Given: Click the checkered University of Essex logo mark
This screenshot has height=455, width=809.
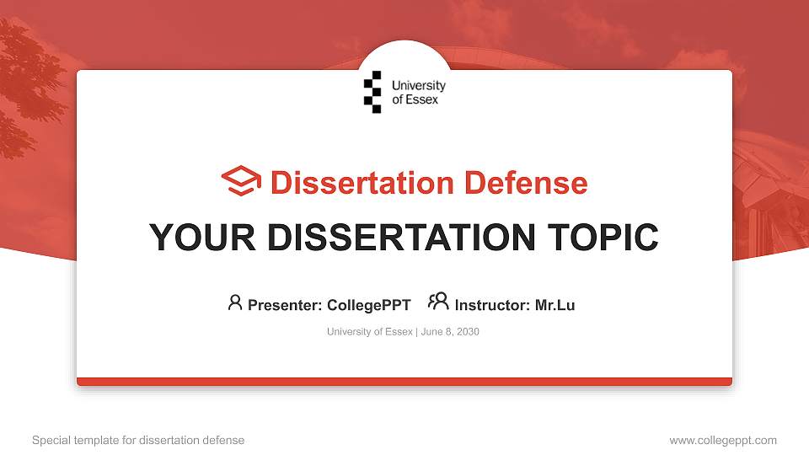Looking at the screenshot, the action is [x=372, y=92].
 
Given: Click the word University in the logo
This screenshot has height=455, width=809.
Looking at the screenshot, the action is [x=419, y=86].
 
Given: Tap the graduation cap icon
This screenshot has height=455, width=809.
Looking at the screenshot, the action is [x=241, y=180].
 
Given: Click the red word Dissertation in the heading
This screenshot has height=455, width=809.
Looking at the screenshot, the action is [x=362, y=183].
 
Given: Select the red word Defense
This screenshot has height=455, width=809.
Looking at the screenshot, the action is [x=526, y=183].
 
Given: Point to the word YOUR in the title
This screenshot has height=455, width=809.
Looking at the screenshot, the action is [x=202, y=238].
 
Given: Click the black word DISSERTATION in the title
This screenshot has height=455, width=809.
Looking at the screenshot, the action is [x=401, y=238].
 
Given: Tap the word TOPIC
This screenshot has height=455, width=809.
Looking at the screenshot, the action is [x=603, y=238].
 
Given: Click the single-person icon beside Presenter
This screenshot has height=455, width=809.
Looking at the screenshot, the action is [x=235, y=302].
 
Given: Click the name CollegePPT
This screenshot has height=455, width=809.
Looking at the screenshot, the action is [x=369, y=305].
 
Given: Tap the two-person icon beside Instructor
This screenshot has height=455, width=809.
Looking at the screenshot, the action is [x=438, y=302].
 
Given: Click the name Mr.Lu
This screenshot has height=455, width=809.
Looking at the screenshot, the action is [x=555, y=305].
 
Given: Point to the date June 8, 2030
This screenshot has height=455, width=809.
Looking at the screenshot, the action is [x=450, y=332].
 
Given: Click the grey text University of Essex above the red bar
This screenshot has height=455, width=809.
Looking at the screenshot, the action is [x=370, y=332].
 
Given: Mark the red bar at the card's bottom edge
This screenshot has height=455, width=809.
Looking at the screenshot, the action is [x=404, y=382].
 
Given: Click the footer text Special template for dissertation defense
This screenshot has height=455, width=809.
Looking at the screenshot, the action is [x=138, y=440].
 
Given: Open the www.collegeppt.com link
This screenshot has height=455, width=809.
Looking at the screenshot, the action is [x=723, y=440].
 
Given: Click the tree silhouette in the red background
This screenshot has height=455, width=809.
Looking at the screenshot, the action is [x=29, y=88].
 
